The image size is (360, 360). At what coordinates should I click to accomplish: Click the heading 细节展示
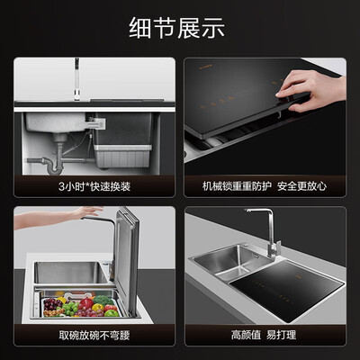tap(176, 28)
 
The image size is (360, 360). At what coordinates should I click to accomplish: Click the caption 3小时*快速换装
tap(94, 186)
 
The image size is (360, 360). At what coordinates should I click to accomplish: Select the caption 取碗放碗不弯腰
tap(94, 335)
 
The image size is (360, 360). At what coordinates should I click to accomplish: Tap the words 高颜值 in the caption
tap(246, 335)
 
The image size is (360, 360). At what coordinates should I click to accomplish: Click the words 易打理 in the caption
tap(281, 335)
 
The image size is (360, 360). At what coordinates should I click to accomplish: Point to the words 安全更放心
tap(301, 186)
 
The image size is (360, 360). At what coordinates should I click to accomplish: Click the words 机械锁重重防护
tap(237, 186)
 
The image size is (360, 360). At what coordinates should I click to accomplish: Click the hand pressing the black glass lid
tap(312, 90)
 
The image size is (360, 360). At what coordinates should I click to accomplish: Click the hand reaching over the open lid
tap(57, 217)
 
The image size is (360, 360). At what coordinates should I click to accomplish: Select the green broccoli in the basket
tap(103, 300)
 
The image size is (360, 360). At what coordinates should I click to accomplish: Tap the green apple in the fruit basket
tap(112, 313)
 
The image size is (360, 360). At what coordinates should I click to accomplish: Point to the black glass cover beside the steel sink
tap(288, 290)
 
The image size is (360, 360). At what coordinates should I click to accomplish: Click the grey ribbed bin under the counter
tap(123, 156)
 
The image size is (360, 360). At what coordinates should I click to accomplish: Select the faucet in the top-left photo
tap(77, 78)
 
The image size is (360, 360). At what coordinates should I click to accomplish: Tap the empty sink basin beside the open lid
tap(70, 273)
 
